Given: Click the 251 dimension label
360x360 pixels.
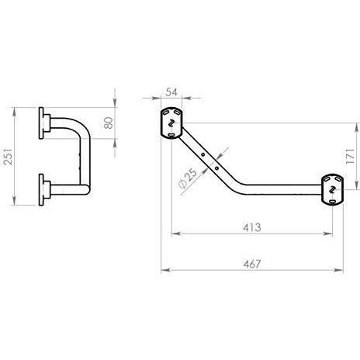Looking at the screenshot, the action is point(9,157).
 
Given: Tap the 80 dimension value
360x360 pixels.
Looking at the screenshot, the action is point(109,123).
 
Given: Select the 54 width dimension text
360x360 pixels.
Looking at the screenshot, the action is point(171,92).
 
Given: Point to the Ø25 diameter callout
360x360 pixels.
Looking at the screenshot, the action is point(188,178).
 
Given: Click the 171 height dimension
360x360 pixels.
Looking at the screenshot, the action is point(350,156).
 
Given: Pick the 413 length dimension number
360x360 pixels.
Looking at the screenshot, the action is point(252,227).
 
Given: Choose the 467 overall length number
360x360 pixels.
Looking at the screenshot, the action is point(252,264).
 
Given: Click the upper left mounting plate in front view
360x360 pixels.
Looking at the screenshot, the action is point(171,123).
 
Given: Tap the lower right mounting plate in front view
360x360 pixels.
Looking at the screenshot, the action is point(332,189).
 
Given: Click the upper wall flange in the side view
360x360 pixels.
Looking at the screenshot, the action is point(44,123).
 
